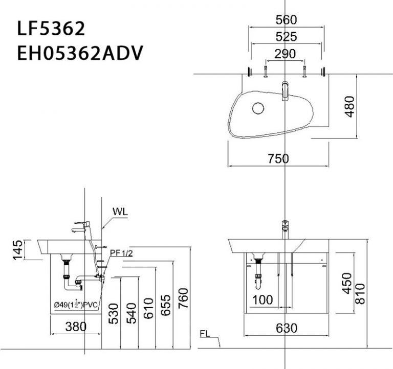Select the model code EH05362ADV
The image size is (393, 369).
[x=79, y=53]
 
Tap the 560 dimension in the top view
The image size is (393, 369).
[x=286, y=20]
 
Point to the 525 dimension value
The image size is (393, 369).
[x=286, y=37]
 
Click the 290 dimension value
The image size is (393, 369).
[x=286, y=54]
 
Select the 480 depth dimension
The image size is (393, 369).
[x=350, y=106]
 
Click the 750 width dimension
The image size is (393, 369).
[x=278, y=158]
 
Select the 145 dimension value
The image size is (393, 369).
[x=17, y=250]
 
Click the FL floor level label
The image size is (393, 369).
[x=205, y=335]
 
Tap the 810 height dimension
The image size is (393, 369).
[x=360, y=293]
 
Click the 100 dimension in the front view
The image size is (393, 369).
[x=263, y=300]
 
